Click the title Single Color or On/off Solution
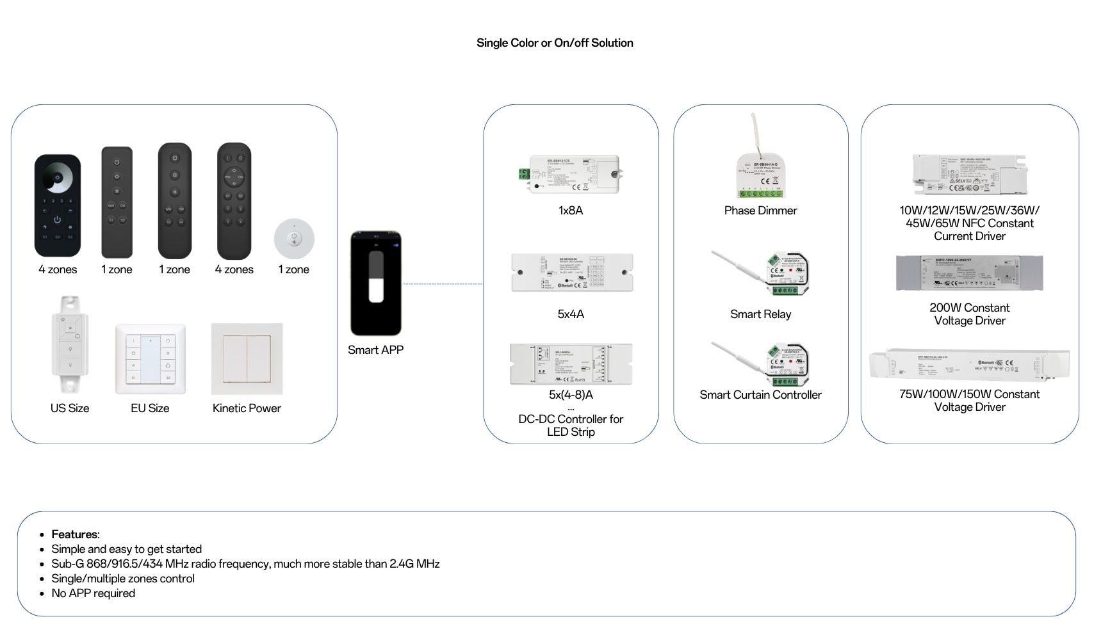555,43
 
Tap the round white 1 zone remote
294,238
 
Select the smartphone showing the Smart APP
376,284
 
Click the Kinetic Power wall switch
247,359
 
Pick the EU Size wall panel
151,359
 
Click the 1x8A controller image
570,173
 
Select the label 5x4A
571,314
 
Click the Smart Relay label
760,314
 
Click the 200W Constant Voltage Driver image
969,273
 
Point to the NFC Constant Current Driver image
970,174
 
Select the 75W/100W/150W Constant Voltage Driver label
969,401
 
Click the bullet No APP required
94,593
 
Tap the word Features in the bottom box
75,534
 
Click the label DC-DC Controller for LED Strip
571,426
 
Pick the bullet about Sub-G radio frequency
245,564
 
